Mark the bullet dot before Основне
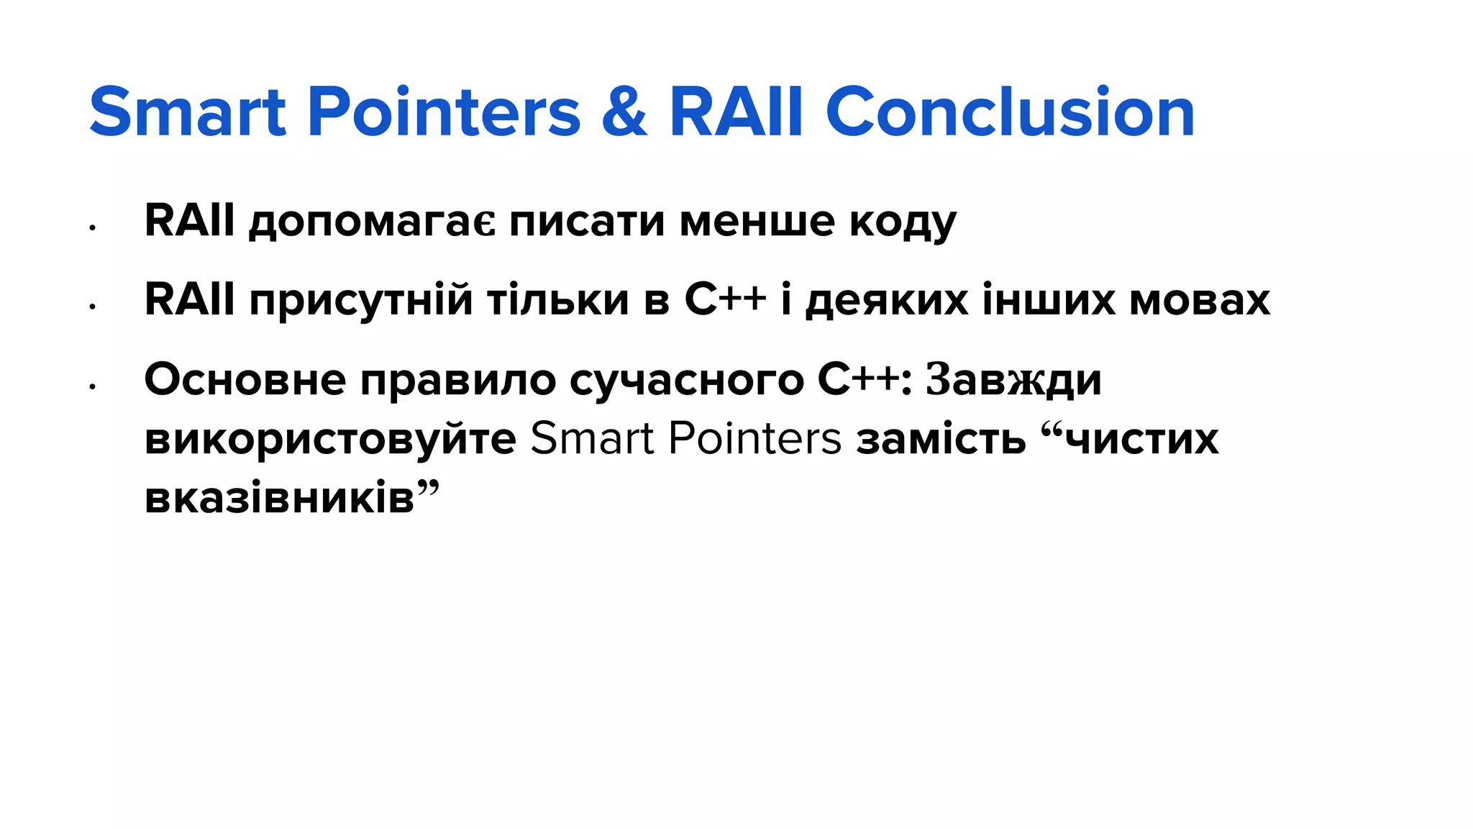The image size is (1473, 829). (x=92, y=387)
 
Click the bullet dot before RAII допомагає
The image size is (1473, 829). (x=92, y=228)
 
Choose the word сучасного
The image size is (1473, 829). (x=686, y=381)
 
